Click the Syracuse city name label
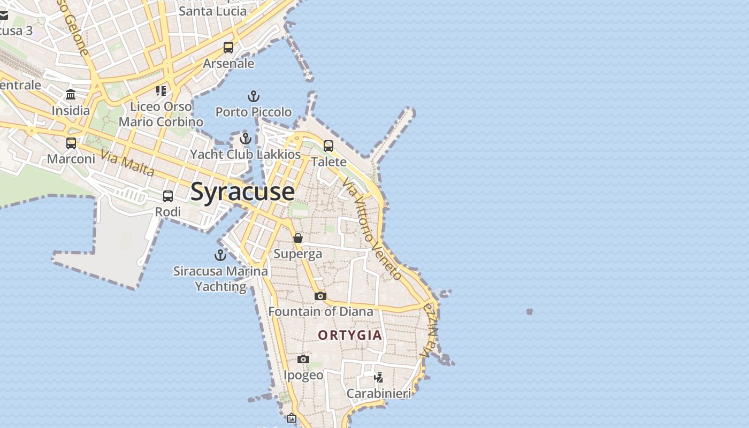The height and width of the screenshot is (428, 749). tap(242, 192)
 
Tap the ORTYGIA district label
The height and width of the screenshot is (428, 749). tap(350, 335)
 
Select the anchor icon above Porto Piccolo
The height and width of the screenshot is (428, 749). tap(253, 97)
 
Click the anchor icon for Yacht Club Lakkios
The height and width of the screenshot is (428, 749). tap(246, 139)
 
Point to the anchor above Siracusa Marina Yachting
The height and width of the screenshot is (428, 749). tap(220, 255)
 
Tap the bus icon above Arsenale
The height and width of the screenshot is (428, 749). tap(228, 48)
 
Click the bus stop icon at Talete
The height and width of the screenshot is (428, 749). tap(328, 146)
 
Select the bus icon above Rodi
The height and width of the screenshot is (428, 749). tap(168, 196)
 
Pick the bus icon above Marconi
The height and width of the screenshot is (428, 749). tap(71, 143)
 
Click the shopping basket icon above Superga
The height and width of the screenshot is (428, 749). tap(298, 238)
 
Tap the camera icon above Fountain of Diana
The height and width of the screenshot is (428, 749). tap(320, 296)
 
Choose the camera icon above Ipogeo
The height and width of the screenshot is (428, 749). tap(303, 359)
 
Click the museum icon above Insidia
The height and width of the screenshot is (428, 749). tap(71, 95)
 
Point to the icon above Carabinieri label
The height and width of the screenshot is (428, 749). tap(379, 378)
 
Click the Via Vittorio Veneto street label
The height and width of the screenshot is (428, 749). tap(372, 229)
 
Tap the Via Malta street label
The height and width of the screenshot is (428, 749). tap(127, 164)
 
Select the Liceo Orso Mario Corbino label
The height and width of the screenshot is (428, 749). tap(161, 114)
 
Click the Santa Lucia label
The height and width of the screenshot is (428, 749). tap(213, 11)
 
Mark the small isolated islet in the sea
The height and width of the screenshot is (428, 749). tap(530, 311)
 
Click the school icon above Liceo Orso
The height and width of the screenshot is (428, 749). tap(161, 90)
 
